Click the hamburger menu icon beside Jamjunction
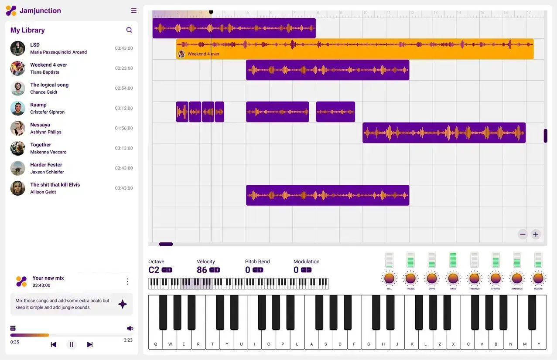coord(133,11)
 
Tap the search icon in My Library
coord(129,30)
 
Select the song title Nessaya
coord(40,125)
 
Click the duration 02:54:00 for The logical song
coord(124,88)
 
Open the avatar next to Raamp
coord(18,109)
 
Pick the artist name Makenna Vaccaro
coord(48,152)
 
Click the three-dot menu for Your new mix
coord(127,282)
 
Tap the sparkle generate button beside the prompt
coord(123,304)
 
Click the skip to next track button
coord(90,345)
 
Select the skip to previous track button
coord(54,345)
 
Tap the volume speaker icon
coord(130,328)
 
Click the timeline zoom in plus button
coord(536,234)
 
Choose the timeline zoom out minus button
coord(523,234)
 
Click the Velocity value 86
coord(202,270)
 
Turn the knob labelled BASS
coord(453,278)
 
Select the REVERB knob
coord(538,278)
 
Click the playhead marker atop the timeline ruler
coord(211,12)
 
